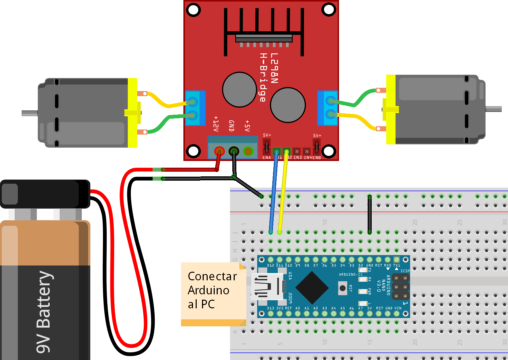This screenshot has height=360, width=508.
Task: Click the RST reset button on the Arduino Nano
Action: click(342, 288)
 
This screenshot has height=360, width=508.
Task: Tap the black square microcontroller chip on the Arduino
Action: click(312, 288)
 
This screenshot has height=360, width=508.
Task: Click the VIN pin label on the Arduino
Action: click(398, 308)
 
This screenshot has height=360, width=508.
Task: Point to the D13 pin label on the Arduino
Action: click(270, 308)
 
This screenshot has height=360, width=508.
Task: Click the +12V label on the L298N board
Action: click(216, 124)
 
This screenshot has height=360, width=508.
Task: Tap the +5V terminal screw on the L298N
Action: click(248, 152)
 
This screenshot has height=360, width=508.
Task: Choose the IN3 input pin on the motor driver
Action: click(297, 152)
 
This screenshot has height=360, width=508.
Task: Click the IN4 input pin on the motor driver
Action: click(307, 152)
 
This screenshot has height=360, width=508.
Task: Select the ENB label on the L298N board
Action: click(317, 158)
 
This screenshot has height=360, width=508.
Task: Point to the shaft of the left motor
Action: click(29, 113)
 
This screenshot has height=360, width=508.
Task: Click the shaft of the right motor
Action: click(494, 109)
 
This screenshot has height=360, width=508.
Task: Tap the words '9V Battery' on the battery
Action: click(44, 312)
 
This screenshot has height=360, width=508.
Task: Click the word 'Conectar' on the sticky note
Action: click(212, 276)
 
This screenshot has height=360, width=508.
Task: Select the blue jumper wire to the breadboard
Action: click(274, 193)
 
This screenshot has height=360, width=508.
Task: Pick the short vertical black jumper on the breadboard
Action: click(369, 215)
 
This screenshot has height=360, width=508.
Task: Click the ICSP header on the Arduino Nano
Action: click(401, 287)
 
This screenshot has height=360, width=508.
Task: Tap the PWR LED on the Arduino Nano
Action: click(363, 292)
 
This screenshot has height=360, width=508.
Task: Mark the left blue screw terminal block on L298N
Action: click(195, 108)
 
